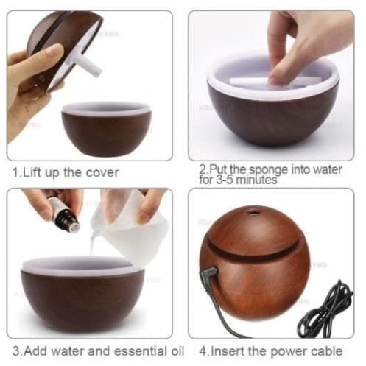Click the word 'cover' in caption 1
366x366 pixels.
[102, 172]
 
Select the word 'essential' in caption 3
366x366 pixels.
[141, 351]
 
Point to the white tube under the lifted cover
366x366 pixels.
[89, 65]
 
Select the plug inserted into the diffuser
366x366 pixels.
[209, 274]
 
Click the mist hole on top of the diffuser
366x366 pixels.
[253, 211]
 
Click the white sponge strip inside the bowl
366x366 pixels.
[275, 81]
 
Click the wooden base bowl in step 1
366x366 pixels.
[106, 130]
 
